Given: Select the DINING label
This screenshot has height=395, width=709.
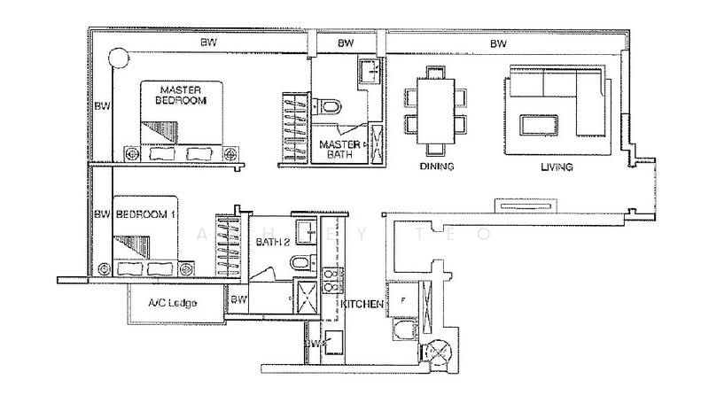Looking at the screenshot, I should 436,167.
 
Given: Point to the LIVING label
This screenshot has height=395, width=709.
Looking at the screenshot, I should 555,167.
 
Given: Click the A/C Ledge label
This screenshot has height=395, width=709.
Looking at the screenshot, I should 168,304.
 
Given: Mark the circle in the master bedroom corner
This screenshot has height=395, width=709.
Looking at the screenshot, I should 116,60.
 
